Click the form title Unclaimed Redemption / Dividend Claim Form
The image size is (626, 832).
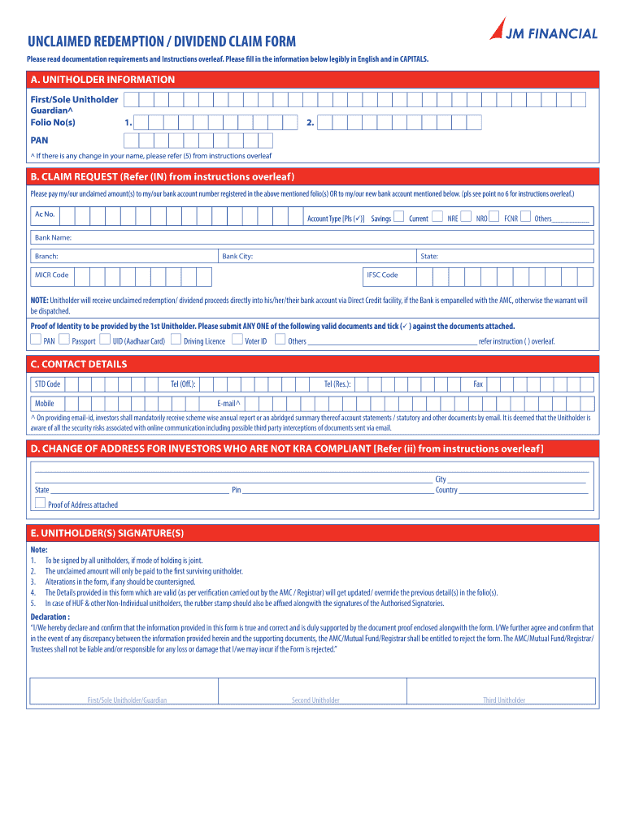pyautogui.click(x=162, y=41)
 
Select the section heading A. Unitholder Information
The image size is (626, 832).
pyautogui.click(x=102, y=80)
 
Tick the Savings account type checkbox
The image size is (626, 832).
pyautogui.click(x=398, y=217)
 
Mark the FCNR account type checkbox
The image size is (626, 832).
pyautogui.click(x=525, y=217)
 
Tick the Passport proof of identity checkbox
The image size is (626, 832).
pyautogui.click(x=65, y=340)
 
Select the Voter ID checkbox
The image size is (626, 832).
pyautogui.click(x=237, y=340)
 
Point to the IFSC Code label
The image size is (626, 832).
pyautogui.click(x=382, y=275)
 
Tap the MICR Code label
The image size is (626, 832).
pyautogui.click(x=51, y=275)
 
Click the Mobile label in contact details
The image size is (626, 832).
pyautogui.click(x=45, y=404)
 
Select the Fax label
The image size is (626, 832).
pyautogui.click(x=478, y=384)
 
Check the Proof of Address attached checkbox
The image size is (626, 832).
pyautogui.click(x=40, y=504)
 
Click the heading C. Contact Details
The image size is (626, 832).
pyautogui.click(x=79, y=364)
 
